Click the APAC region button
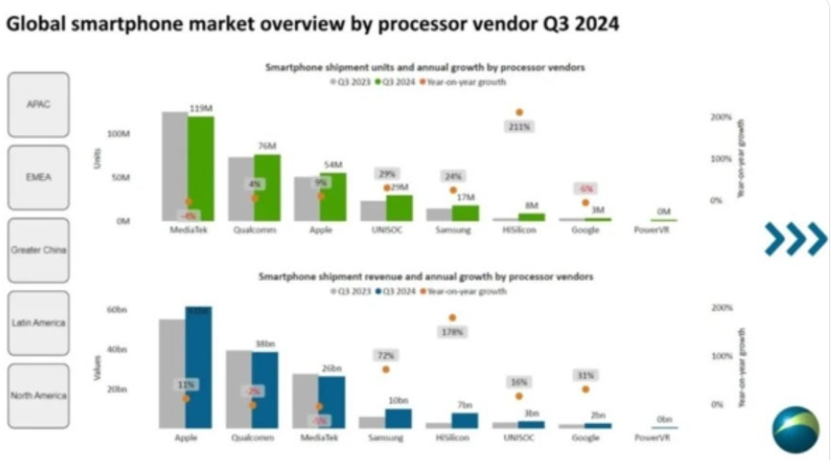pos(37,104)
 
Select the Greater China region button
pos(37,249)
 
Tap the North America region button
pos(37,395)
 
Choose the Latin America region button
pos(37,322)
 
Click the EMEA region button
pos(37,177)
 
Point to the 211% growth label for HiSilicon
pos(519,127)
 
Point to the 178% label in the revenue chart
pos(452,332)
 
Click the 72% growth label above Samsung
pos(386,355)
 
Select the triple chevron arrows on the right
pos(795,239)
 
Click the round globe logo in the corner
pos(795,429)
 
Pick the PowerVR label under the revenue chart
pos(652,437)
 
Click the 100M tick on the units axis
pos(119,133)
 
